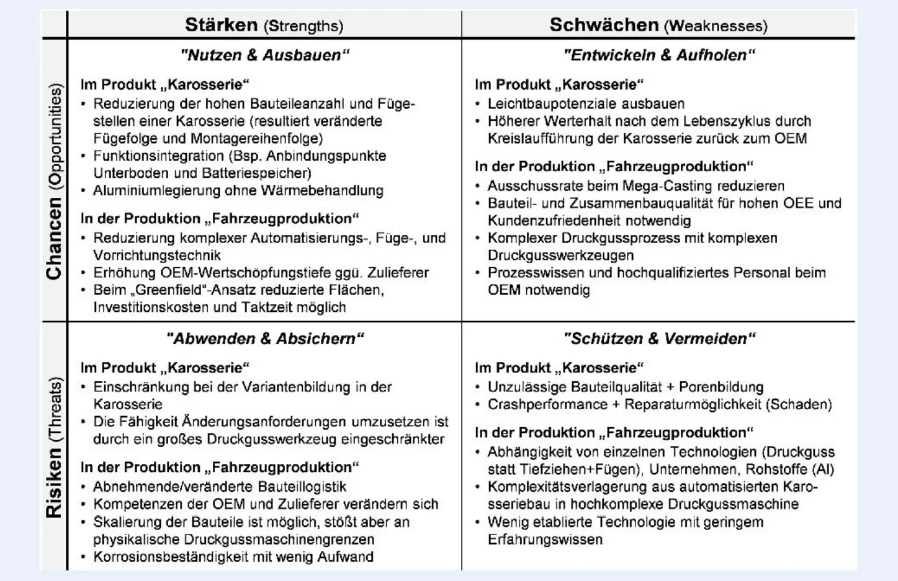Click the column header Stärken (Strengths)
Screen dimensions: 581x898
[264, 25]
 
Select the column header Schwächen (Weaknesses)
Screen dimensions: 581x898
[658, 25]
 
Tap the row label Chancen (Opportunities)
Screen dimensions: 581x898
[55, 181]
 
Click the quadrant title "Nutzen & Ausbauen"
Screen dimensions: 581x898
[265, 55]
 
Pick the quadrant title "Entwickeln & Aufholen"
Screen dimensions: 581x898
[659, 55]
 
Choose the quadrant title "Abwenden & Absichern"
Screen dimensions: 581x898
[265, 339]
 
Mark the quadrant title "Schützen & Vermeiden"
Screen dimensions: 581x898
[659, 339]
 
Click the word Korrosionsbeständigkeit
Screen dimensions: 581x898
[169, 557]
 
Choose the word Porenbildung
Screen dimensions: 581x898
[721, 388]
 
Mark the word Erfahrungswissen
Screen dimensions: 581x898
[545, 539]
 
